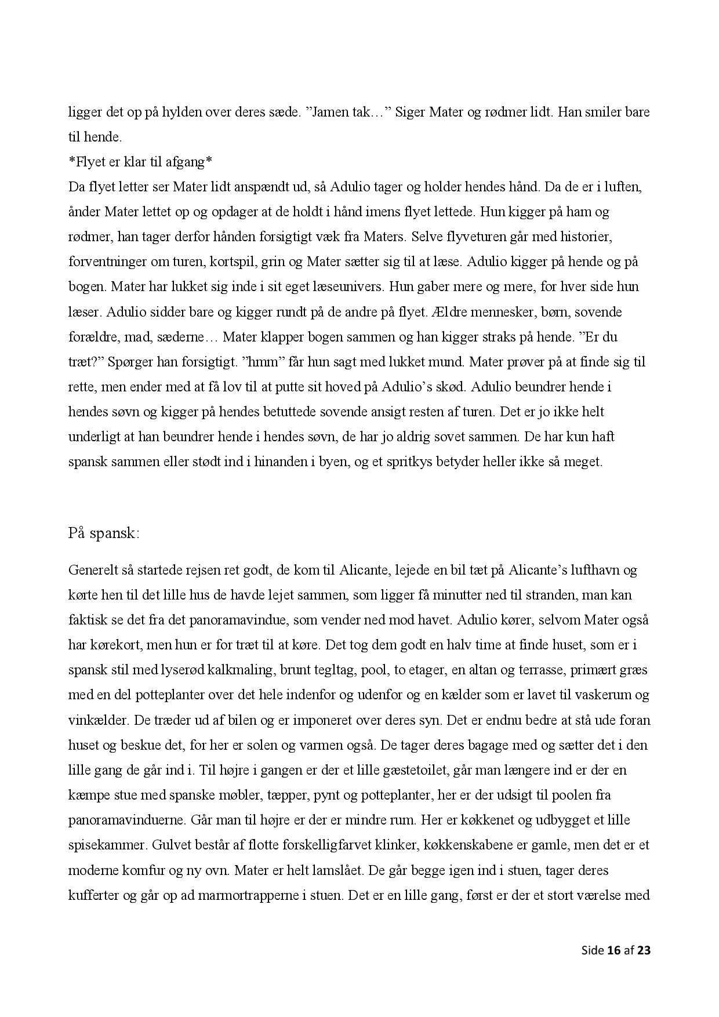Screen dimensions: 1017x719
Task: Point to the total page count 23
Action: pos(644,950)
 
